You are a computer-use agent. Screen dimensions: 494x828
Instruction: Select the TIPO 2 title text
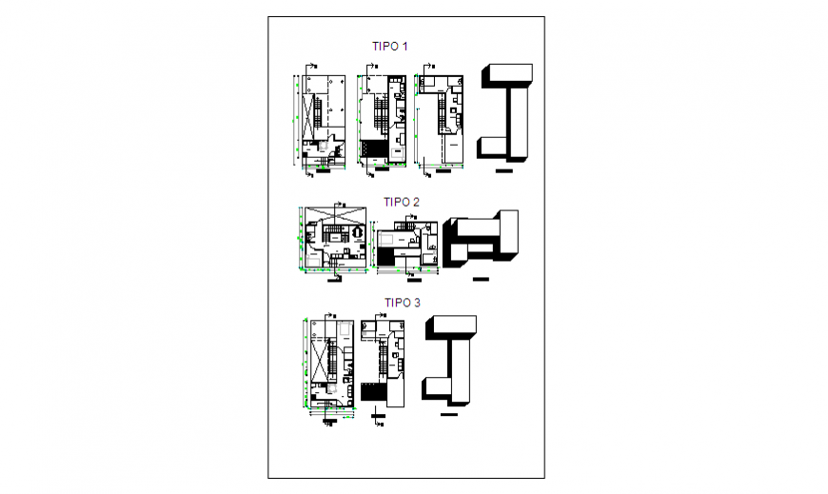click(x=402, y=202)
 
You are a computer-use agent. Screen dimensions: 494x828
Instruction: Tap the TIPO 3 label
click(x=402, y=303)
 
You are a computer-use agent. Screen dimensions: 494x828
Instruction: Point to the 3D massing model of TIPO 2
click(x=482, y=240)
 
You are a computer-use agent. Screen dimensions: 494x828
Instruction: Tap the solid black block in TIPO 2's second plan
click(x=387, y=255)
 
